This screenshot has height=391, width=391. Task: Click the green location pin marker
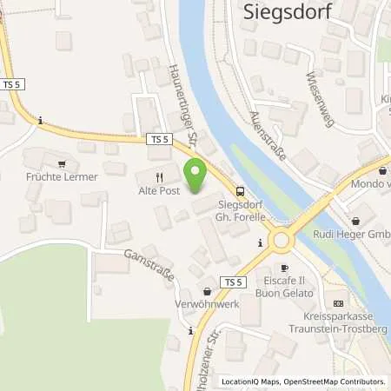pos(195,175)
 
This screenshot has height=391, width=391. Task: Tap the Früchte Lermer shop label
pos(63,177)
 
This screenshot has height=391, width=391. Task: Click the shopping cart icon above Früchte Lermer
pos(62,162)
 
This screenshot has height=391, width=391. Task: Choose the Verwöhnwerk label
pos(207,307)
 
